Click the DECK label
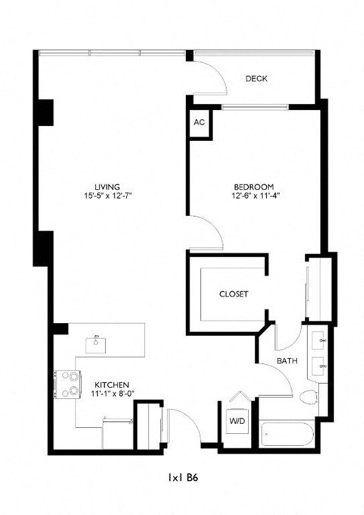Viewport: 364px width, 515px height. point(256,78)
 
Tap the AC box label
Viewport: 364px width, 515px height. point(199,123)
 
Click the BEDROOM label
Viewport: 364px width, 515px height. point(253,187)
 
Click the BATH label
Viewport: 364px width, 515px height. point(286,360)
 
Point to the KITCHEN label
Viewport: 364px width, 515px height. point(111,384)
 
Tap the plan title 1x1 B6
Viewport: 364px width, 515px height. point(183,478)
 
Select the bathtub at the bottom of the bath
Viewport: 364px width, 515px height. point(285,436)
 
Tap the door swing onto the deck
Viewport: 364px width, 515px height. point(208,74)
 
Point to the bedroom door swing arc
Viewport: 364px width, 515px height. point(203,231)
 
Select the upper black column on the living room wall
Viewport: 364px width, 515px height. point(45,112)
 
